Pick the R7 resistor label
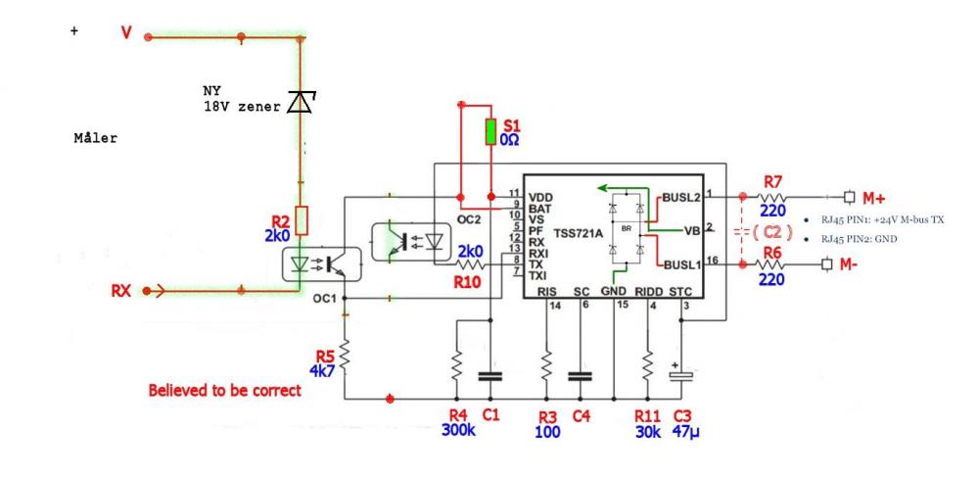point(772,180)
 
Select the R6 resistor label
point(772,253)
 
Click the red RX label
point(122,290)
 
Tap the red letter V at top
point(125,34)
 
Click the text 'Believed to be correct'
point(224,391)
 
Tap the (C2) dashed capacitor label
point(766,232)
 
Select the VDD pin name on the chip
point(540,196)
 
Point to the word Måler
point(95,138)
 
